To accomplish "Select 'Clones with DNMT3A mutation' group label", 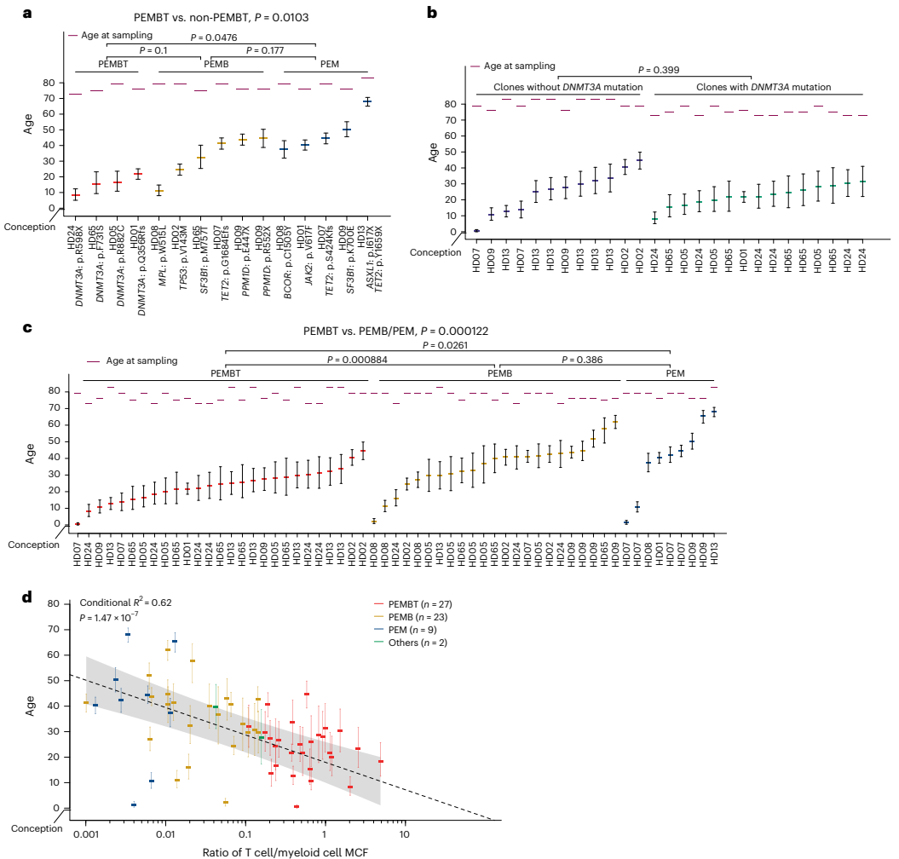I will [764, 87].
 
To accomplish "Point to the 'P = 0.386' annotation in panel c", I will [582, 360].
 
